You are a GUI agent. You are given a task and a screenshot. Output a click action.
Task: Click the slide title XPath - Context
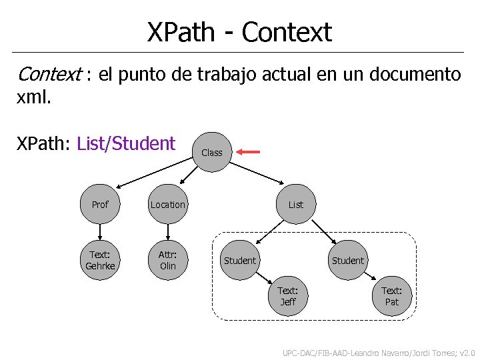239,31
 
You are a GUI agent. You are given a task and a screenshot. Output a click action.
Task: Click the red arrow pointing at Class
249,153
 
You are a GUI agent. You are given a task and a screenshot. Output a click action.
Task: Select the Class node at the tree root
212,153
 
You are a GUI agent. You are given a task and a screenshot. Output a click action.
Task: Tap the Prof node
100,205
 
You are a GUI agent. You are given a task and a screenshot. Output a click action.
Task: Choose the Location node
168,205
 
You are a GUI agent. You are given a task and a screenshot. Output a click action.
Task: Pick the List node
296,205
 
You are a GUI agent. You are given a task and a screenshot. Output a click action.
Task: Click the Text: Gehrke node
100,260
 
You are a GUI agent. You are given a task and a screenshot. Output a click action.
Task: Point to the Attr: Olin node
168,260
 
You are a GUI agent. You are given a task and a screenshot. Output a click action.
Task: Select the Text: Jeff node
288,296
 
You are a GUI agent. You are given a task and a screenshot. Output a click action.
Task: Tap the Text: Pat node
392,296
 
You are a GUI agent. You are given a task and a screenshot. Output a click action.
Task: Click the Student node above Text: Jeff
240,261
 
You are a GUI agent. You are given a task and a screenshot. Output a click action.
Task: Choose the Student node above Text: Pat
348,261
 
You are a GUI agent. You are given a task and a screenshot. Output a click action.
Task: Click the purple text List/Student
126,143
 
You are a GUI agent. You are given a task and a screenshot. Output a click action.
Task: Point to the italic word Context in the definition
49,75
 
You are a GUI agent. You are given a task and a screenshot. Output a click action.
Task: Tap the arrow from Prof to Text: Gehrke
100,232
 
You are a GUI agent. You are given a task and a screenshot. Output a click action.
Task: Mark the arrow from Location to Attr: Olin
168,232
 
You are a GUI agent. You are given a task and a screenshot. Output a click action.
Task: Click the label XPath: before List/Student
44,143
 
